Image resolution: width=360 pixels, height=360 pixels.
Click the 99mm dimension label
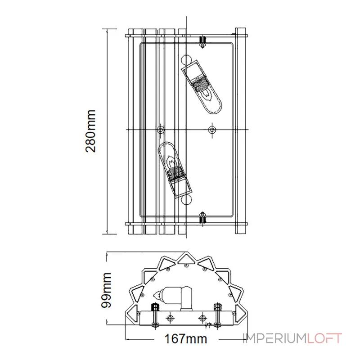point(106,290)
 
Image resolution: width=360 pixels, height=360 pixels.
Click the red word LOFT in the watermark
point(324,338)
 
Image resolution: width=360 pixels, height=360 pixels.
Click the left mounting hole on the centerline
point(160,130)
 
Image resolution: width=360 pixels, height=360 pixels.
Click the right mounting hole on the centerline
point(212,130)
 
